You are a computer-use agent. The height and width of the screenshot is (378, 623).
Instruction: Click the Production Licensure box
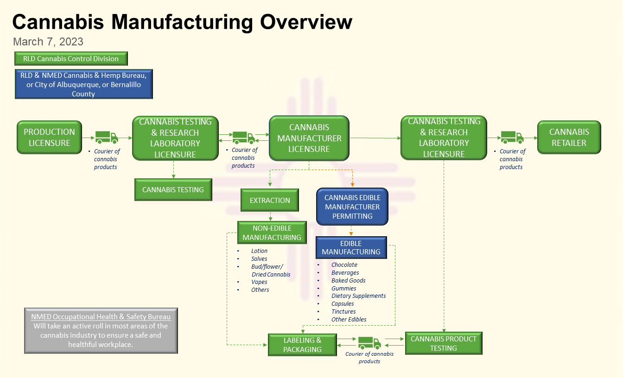click(x=49, y=137)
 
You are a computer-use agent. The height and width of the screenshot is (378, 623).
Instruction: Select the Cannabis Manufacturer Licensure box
click(x=309, y=138)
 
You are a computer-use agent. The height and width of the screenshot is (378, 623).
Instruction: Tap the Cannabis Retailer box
click(x=569, y=137)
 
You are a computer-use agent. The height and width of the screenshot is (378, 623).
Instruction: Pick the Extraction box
click(x=270, y=200)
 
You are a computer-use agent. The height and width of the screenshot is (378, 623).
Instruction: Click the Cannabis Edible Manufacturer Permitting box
click(x=352, y=207)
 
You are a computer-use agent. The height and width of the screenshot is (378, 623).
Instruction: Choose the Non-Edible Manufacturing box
click(x=272, y=233)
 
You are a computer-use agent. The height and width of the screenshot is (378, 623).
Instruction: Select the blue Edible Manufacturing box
click(x=351, y=247)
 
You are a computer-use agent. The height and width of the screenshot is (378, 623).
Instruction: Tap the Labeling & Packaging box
click(x=302, y=345)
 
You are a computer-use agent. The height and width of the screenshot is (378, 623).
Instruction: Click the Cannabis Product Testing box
click(x=444, y=343)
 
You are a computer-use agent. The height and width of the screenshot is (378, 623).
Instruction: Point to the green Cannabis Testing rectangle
click(x=173, y=189)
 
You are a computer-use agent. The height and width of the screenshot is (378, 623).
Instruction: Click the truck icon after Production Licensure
click(x=107, y=137)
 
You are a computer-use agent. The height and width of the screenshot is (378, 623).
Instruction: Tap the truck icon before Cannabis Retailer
click(x=512, y=137)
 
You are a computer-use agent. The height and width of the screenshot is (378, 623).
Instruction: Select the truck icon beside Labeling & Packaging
click(x=369, y=343)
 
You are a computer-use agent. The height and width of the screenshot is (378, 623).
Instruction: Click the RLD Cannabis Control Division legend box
click(x=71, y=59)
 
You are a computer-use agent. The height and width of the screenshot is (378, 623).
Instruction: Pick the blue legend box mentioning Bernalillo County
click(x=84, y=84)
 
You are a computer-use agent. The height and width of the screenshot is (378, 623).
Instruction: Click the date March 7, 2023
click(x=48, y=42)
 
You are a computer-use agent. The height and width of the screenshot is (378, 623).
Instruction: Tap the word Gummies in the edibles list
click(x=344, y=288)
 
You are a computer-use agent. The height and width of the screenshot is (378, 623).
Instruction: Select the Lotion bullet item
click(x=259, y=251)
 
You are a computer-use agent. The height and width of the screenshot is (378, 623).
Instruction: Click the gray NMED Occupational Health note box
click(x=101, y=330)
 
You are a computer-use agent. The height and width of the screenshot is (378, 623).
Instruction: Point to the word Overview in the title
click(x=306, y=22)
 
